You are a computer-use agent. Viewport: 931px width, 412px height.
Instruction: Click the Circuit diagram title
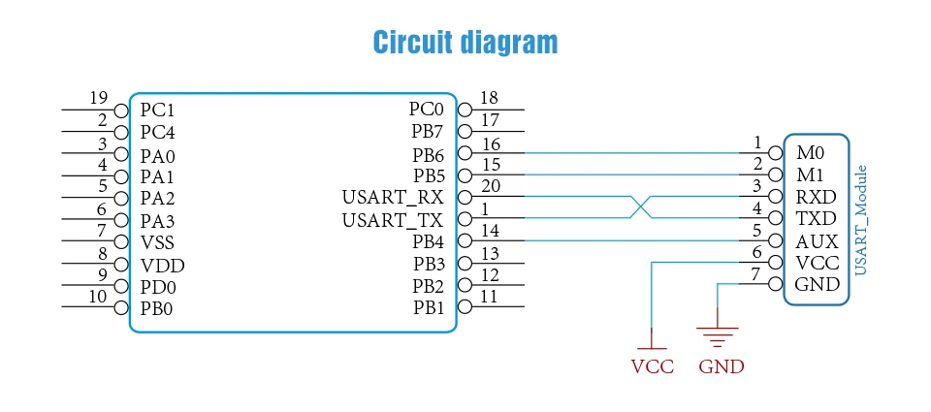[x=465, y=43]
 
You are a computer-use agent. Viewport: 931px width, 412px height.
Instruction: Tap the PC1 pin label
[x=157, y=111]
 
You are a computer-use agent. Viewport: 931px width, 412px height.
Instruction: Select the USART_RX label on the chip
[x=393, y=197]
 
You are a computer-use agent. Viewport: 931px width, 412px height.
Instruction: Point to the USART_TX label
[x=393, y=221]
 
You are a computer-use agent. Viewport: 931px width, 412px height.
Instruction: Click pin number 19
[x=99, y=98]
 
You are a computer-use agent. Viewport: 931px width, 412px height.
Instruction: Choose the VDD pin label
[x=162, y=266]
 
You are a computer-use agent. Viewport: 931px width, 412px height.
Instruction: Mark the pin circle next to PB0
[x=122, y=307]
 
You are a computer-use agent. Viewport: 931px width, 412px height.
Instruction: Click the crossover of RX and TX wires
[x=641, y=206]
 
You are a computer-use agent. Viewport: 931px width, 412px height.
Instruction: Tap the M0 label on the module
[x=811, y=153]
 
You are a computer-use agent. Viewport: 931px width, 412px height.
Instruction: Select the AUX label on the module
[x=817, y=241]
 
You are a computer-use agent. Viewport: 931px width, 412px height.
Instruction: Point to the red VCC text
[x=653, y=366]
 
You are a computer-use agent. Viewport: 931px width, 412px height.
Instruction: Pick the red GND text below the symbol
[x=721, y=366]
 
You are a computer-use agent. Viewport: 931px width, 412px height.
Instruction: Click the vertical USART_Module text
[x=860, y=220]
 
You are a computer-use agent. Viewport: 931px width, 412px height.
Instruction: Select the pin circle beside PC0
[x=465, y=110]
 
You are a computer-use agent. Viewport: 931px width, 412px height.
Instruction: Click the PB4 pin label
[x=428, y=241]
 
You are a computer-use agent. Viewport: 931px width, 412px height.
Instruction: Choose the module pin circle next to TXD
[x=775, y=218]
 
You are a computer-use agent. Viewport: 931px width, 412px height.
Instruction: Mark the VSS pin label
[x=158, y=242]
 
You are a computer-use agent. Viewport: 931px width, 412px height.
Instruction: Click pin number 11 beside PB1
[x=489, y=296]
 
